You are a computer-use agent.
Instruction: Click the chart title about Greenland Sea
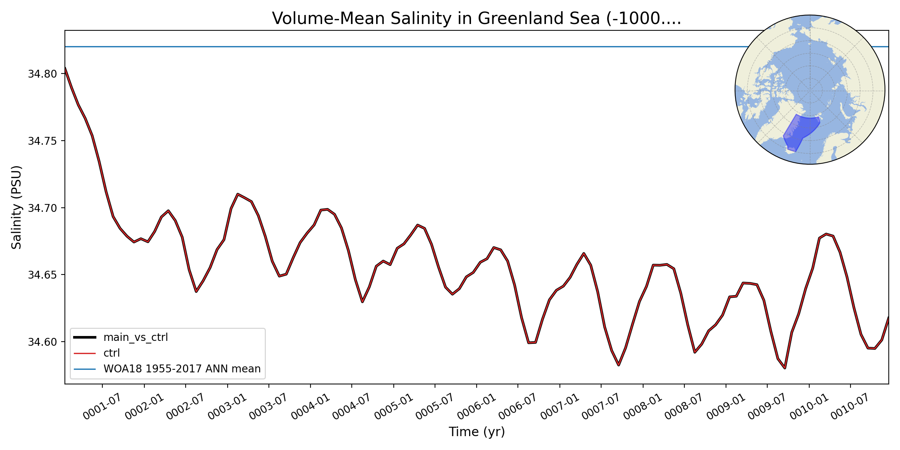coord(476,19)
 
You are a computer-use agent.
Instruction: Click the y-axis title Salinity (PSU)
coord(16,207)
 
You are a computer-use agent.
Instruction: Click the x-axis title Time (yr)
coord(477,432)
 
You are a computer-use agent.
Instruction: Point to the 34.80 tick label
coord(42,74)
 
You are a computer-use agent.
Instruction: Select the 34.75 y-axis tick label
coord(42,141)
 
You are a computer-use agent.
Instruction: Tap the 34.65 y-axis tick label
coord(42,275)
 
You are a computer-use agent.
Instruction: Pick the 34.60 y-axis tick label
coord(42,342)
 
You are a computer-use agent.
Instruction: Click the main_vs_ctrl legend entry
coord(135,337)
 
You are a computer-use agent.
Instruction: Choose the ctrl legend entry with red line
coord(111,353)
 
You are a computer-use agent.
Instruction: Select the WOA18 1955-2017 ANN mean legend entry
coord(182,369)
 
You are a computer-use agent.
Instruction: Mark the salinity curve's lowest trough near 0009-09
coord(784,368)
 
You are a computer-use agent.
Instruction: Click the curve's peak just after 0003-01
coord(238,194)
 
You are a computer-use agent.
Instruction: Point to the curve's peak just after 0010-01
coord(826,234)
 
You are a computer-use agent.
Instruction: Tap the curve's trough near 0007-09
coord(618,365)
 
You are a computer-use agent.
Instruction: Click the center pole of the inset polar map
coord(810,90)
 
